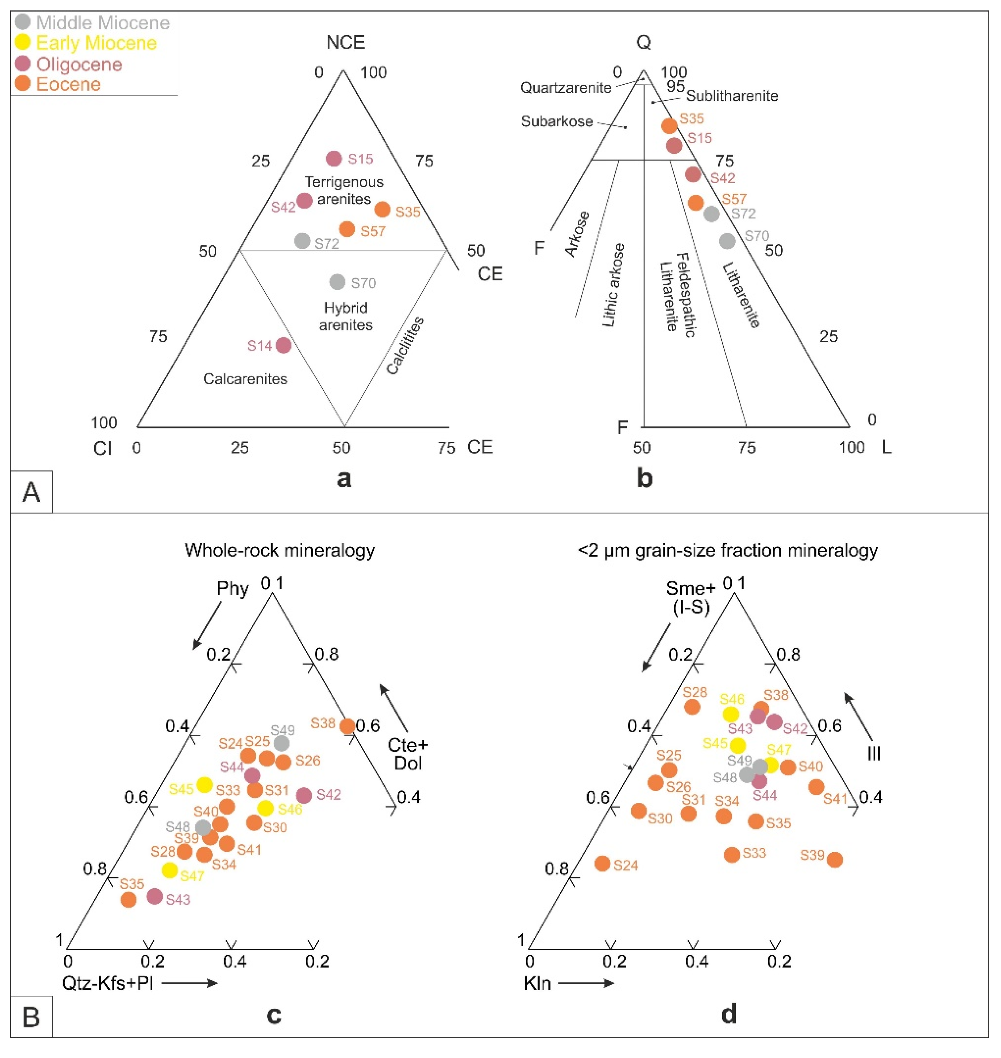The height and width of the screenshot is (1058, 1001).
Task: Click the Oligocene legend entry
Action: click(x=78, y=64)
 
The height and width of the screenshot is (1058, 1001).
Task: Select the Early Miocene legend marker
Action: click(x=22, y=43)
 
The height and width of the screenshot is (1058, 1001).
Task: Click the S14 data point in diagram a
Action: click(x=283, y=345)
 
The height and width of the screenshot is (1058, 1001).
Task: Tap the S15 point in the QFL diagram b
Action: click(x=674, y=145)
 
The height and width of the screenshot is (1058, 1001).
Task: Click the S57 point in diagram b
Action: click(x=695, y=202)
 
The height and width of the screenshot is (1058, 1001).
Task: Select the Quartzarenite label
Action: click(x=566, y=87)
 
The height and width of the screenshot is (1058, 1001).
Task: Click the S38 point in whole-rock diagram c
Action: click(x=347, y=726)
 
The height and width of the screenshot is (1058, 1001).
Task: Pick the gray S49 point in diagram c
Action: click(x=281, y=743)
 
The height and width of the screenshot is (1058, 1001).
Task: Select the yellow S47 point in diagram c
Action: click(x=170, y=870)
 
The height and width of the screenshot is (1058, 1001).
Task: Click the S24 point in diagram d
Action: click(x=602, y=863)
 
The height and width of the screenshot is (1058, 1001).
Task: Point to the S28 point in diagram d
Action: click(x=692, y=707)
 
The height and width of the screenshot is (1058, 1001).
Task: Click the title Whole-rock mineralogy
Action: click(x=280, y=550)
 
